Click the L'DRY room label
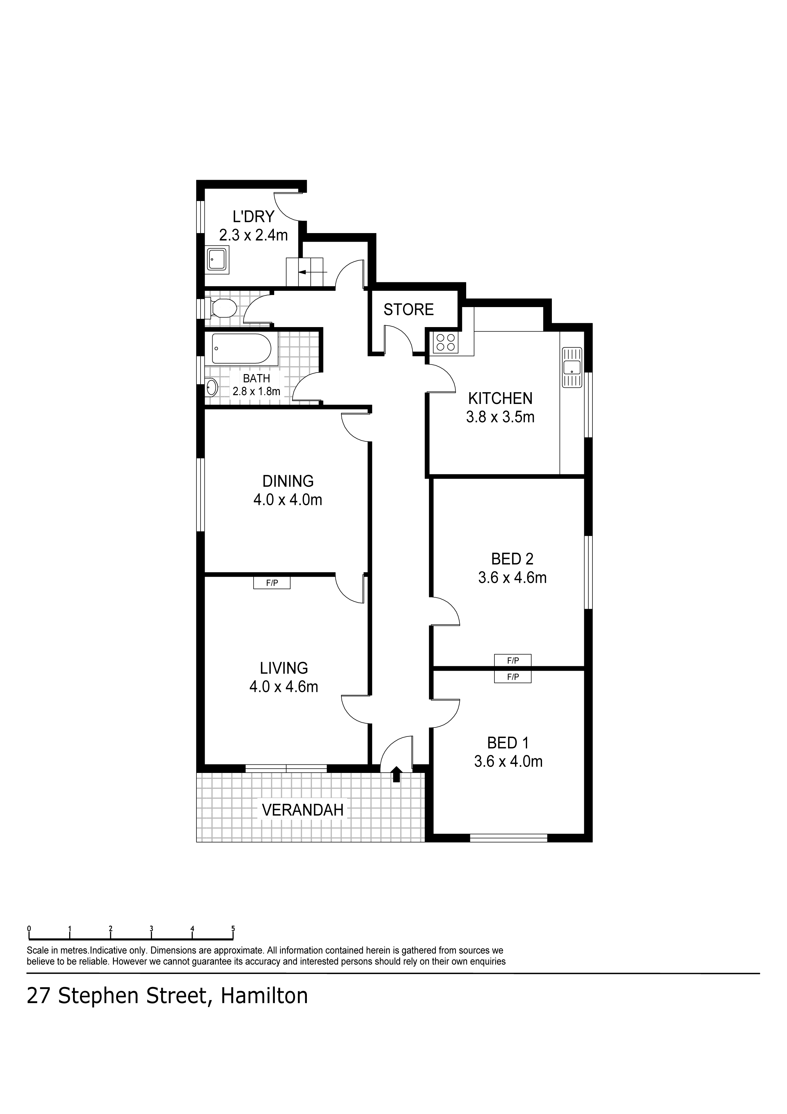pyautogui.click(x=253, y=216)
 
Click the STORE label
pyautogui.click(x=408, y=310)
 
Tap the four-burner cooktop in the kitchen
pyautogui.click(x=446, y=343)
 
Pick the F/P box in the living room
pyautogui.click(x=272, y=583)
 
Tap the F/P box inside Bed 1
pyautogui.click(x=513, y=677)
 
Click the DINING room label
pyautogui.click(x=288, y=481)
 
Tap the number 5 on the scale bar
pyautogui.click(x=233, y=929)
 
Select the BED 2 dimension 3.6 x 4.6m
pyautogui.click(x=512, y=578)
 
